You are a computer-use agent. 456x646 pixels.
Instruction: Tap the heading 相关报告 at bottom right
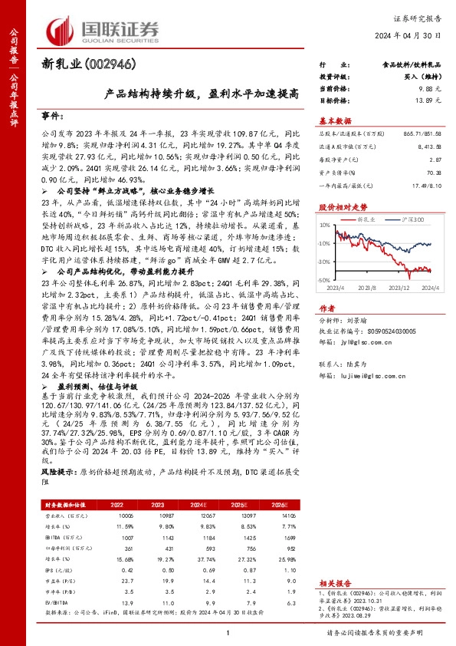[x=334, y=584]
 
